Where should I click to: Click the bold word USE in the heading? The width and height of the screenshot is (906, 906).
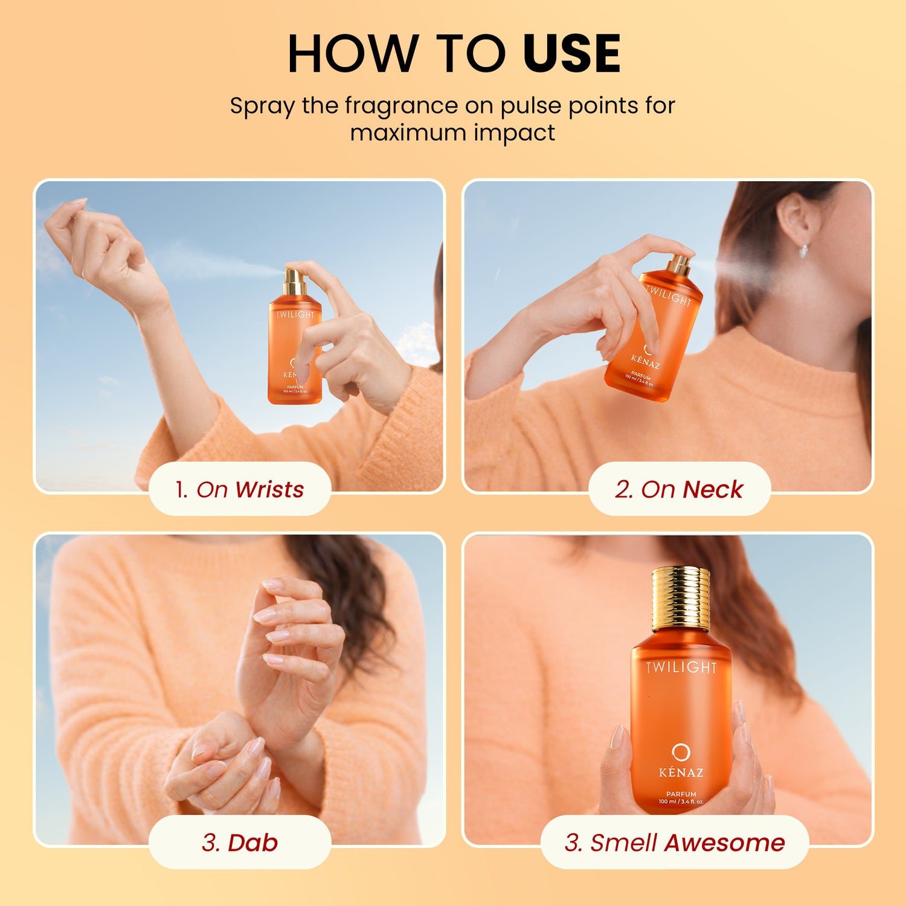pyautogui.click(x=571, y=54)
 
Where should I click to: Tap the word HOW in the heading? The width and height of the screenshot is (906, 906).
pyautogui.click(x=353, y=54)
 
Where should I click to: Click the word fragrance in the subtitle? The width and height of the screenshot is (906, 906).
pyautogui.click(x=401, y=107)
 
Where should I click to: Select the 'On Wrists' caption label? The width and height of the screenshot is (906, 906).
pyautogui.click(x=240, y=489)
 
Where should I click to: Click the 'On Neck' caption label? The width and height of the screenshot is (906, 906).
pyautogui.click(x=679, y=489)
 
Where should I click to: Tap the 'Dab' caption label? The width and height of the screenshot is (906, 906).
pyautogui.click(x=240, y=842)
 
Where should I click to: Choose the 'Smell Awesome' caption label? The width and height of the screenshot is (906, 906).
pyautogui.click(x=675, y=842)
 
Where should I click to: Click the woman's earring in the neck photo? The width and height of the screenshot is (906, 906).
pyautogui.click(x=805, y=250)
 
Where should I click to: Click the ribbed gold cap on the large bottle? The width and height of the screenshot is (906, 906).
pyautogui.click(x=681, y=599)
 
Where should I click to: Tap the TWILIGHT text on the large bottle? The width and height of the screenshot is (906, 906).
pyautogui.click(x=681, y=667)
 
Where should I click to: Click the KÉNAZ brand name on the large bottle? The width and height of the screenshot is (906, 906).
pyautogui.click(x=681, y=773)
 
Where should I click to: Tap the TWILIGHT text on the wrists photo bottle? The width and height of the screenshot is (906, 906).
pyautogui.click(x=295, y=315)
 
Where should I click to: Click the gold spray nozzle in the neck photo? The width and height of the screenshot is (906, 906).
pyautogui.click(x=679, y=265)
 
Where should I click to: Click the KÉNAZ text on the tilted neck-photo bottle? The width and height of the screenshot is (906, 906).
pyautogui.click(x=646, y=361)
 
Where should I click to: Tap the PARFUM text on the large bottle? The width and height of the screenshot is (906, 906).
pyautogui.click(x=681, y=794)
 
